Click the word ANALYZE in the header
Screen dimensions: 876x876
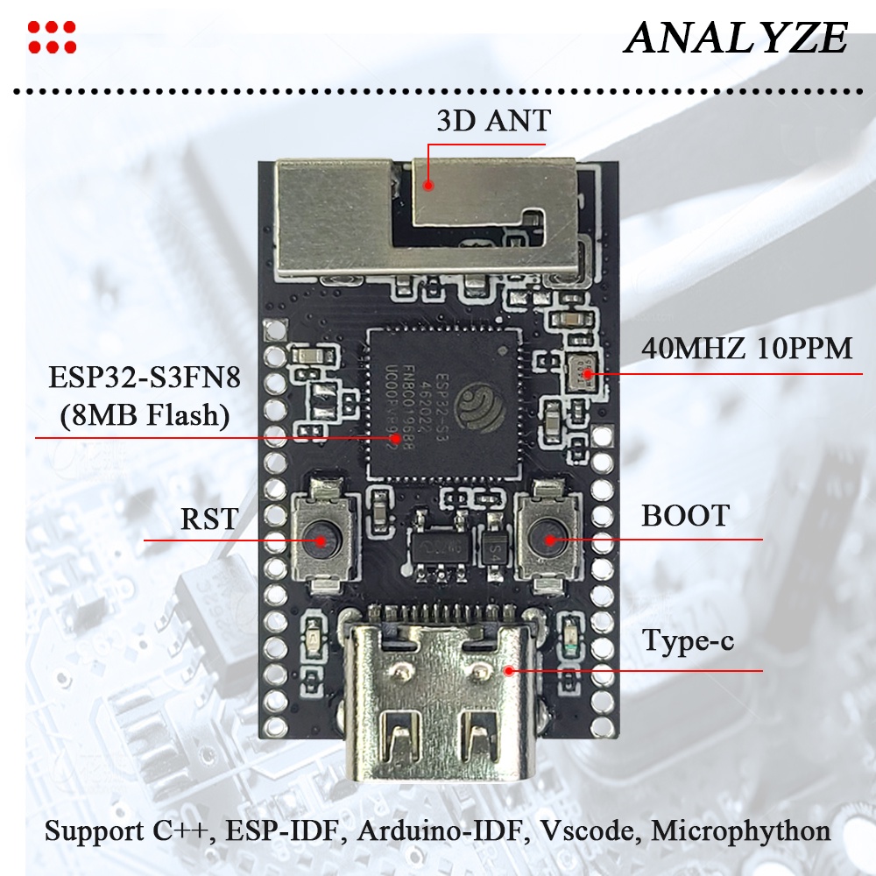click(x=737, y=38)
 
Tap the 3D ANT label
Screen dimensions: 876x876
click(x=493, y=120)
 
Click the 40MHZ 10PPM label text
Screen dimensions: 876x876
click(x=746, y=349)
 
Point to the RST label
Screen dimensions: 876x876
click(x=208, y=519)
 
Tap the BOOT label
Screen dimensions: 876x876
click(x=685, y=515)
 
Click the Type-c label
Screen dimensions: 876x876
click(x=689, y=641)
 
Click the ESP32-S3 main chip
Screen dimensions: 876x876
click(x=436, y=403)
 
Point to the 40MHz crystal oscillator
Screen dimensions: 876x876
click(x=583, y=372)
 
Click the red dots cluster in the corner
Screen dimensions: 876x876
click(x=52, y=37)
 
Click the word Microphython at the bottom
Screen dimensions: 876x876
click(x=741, y=830)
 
